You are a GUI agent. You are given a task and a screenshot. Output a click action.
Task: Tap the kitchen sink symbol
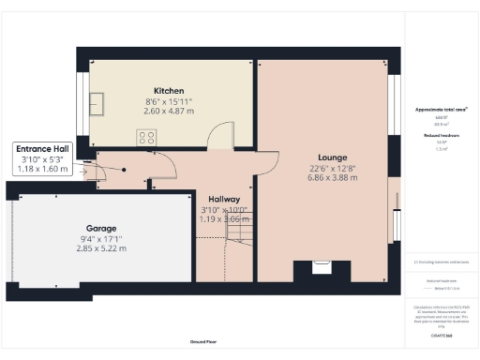[97, 100]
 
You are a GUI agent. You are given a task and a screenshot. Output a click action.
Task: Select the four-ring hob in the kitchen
[147, 137]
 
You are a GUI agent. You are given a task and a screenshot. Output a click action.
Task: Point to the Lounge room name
[333, 157]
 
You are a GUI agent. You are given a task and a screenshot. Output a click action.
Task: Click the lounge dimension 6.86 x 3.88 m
[333, 178]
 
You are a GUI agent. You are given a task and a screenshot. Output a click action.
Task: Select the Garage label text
[100, 227]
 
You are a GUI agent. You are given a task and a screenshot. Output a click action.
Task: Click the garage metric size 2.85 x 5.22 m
[100, 248]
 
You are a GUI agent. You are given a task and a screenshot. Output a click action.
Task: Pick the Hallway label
[225, 200]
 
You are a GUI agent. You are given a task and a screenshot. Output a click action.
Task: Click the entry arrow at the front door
[85, 171]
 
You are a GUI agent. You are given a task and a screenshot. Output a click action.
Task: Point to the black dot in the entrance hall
[124, 169]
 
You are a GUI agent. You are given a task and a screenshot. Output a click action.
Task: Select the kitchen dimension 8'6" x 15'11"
[169, 101]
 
